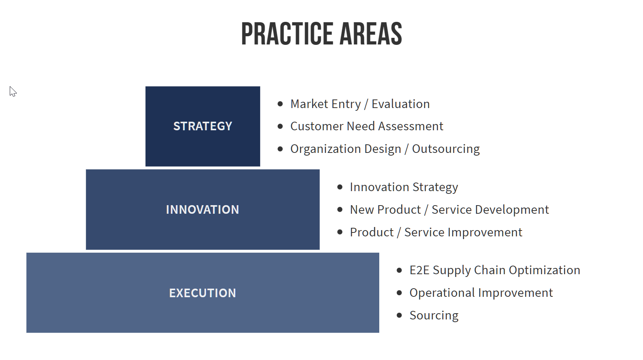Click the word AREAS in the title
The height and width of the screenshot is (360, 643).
click(371, 34)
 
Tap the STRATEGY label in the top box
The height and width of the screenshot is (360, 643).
click(202, 126)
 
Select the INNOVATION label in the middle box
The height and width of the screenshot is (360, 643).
click(202, 210)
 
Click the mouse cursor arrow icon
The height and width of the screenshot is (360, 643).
click(12, 92)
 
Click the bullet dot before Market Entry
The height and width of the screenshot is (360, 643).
click(280, 104)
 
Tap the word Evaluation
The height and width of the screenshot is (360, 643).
click(401, 104)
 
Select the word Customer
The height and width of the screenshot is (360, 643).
click(316, 126)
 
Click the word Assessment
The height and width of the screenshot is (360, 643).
click(411, 126)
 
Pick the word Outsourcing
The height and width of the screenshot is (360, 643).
click(446, 149)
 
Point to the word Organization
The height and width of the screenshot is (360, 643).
click(325, 149)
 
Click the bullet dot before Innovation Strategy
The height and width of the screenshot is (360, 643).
click(340, 187)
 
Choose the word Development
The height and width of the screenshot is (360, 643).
click(512, 210)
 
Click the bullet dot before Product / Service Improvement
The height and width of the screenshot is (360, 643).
click(340, 232)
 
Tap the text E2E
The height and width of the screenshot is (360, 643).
click(419, 270)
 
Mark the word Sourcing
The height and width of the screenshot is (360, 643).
click(434, 316)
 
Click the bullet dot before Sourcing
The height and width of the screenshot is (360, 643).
click(399, 315)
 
